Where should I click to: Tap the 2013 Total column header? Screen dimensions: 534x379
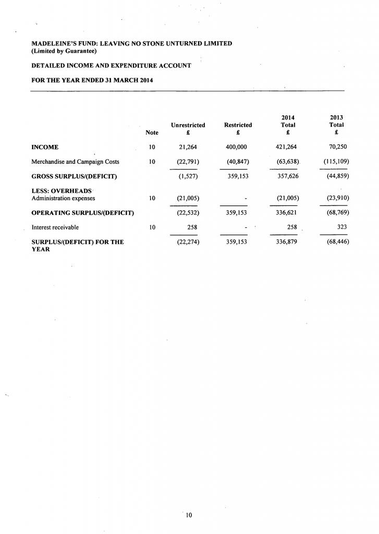(336, 125)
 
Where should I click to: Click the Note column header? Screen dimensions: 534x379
(152, 133)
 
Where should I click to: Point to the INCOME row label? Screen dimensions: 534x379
(45, 148)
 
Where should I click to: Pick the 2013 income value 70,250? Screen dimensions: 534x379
(338, 148)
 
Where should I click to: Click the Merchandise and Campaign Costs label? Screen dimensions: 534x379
(76, 162)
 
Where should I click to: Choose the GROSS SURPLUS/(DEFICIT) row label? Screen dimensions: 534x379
(74, 176)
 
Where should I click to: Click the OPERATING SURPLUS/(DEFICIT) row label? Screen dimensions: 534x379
(83, 213)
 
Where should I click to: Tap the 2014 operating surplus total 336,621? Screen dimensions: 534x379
(286, 213)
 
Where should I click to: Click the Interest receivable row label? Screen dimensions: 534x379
(55, 227)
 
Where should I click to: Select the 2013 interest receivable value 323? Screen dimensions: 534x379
(342, 227)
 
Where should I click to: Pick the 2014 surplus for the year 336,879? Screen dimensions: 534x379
(286, 242)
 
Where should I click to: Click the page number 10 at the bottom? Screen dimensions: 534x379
(189, 515)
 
